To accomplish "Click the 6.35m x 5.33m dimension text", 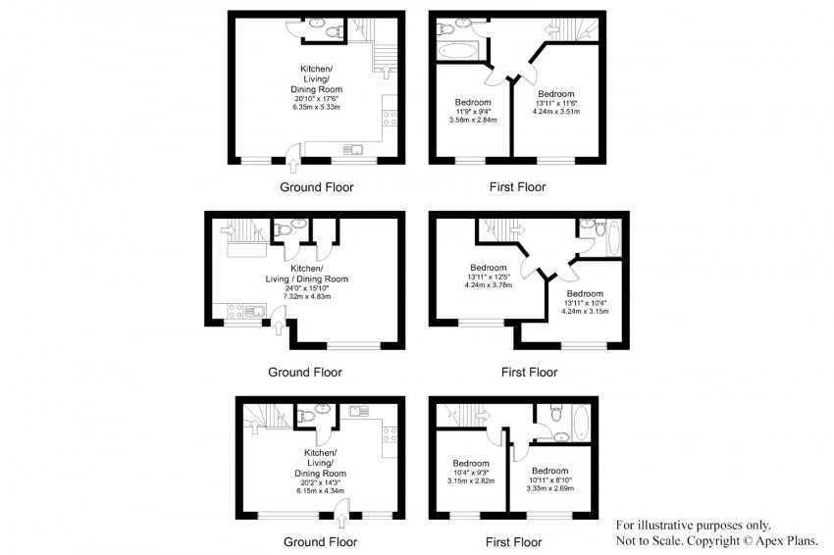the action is tap(317, 107).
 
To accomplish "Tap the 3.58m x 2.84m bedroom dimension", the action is tap(473, 120).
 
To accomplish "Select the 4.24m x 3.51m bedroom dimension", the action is tap(556, 112).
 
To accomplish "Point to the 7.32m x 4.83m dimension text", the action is tap(307, 296).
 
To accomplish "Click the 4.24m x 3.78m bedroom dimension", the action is tap(489, 285).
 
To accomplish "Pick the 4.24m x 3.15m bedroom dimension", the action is tap(585, 311).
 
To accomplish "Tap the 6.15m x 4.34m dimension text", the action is tap(320, 490).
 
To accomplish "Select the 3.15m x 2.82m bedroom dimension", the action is tap(471, 480).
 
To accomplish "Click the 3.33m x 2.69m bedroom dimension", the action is tap(550, 488).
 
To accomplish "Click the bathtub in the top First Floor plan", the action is tap(458, 51).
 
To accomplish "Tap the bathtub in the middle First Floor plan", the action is tap(613, 237).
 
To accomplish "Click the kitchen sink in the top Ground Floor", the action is tap(352, 149).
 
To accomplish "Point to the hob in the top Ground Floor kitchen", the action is tap(390, 118).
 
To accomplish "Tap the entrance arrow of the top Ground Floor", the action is tap(293, 167).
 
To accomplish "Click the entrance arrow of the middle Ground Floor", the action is tap(278, 328).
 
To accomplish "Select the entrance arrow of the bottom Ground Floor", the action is tap(341, 521).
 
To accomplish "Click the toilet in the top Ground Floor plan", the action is tap(334, 32).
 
